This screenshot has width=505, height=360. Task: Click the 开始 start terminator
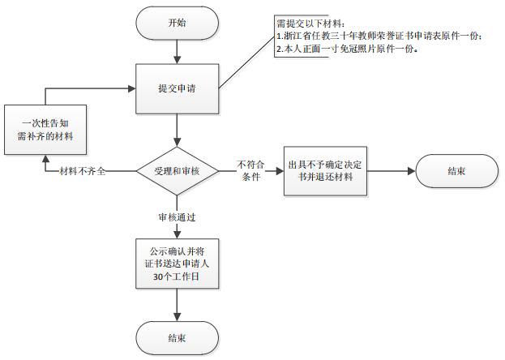(x=177, y=24)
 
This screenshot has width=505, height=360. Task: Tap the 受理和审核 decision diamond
(x=177, y=170)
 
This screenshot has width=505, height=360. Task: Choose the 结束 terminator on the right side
(x=456, y=171)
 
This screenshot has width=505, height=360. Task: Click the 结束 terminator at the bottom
(x=177, y=336)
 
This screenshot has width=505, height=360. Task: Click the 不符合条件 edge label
(x=250, y=171)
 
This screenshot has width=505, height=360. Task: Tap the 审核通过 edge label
(x=177, y=217)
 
